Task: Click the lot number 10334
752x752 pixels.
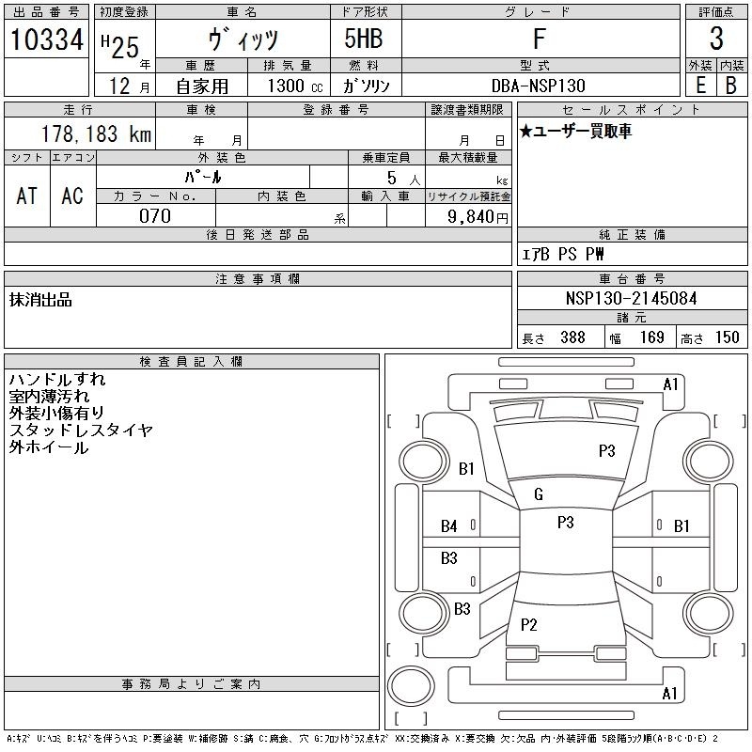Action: (46, 39)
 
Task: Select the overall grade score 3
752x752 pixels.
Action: (716, 39)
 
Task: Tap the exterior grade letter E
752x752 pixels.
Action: (700, 86)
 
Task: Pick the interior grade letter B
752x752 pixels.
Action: (731, 86)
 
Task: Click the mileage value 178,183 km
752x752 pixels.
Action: (97, 134)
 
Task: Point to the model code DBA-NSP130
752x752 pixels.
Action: (539, 86)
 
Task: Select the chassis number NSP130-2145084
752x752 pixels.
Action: (631, 298)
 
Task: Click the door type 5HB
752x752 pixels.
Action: (364, 39)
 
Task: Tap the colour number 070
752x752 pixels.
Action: (155, 216)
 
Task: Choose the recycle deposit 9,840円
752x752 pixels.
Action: (478, 217)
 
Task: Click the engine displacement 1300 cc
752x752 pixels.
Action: (295, 86)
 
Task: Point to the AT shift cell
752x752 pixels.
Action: (27, 196)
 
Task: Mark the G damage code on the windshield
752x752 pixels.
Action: (539, 494)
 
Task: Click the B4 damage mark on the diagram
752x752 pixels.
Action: (449, 526)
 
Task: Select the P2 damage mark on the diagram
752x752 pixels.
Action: (529, 624)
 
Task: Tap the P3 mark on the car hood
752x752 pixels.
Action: (606, 451)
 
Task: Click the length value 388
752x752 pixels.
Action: (572, 337)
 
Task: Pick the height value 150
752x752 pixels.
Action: (727, 337)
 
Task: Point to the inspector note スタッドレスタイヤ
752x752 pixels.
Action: (81, 431)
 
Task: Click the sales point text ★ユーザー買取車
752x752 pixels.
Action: (575, 131)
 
